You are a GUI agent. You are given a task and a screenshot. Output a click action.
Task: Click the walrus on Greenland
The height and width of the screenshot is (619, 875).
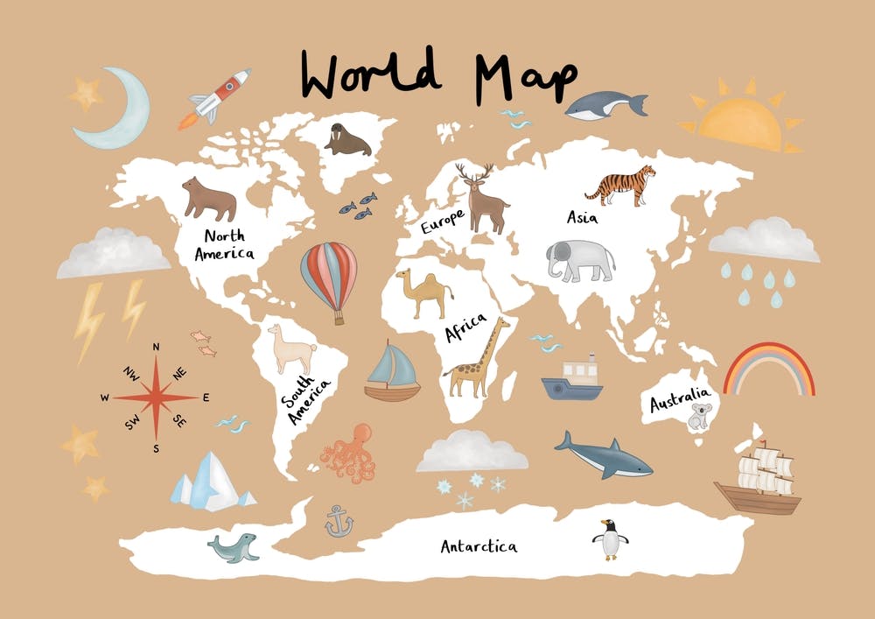(x=347, y=139)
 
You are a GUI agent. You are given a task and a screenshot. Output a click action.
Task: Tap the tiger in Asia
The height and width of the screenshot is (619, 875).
(x=621, y=186)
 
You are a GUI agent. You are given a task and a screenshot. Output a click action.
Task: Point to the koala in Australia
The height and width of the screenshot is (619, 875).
(x=700, y=416)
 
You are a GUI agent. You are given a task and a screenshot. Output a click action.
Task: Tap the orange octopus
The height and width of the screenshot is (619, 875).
(x=349, y=453)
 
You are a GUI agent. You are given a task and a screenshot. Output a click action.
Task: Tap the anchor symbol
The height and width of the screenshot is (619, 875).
(x=339, y=522)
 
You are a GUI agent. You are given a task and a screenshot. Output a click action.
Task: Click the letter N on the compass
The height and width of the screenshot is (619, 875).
(x=156, y=347)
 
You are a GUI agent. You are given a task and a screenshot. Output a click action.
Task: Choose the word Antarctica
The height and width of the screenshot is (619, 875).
(x=479, y=547)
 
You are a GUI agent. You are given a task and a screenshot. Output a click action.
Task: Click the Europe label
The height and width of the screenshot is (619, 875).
(x=441, y=221)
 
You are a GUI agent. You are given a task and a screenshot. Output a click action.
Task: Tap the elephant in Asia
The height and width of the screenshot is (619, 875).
(x=580, y=260)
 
